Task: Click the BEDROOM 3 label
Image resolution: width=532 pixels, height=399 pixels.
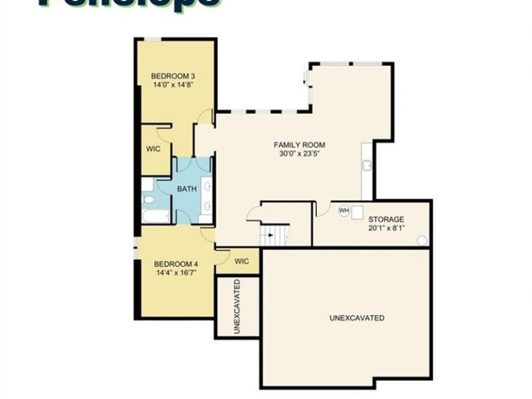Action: pyautogui.click(x=173, y=76)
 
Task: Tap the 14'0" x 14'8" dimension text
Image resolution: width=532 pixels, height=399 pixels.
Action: pyautogui.click(x=173, y=85)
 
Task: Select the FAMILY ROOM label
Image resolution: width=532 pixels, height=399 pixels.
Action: pyautogui.click(x=299, y=145)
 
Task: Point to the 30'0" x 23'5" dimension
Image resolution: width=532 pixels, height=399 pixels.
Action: pyautogui.click(x=299, y=154)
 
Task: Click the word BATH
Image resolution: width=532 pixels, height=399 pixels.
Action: pyautogui.click(x=187, y=189)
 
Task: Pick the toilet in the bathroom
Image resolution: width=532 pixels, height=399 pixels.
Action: pyautogui.click(x=148, y=201)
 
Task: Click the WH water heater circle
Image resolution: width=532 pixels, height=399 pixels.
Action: pyautogui.click(x=343, y=210)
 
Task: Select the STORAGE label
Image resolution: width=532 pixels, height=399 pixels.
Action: pyautogui.click(x=387, y=219)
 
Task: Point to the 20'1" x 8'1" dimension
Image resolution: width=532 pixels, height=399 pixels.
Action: pyautogui.click(x=387, y=228)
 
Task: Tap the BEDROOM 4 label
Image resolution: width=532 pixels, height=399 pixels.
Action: pyautogui.click(x=176, y=264)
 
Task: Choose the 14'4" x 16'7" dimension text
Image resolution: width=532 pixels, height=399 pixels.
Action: pyautogui.click(x=176, y=273)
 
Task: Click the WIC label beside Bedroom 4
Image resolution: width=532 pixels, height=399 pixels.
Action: pyautogui.click(x=242, y=261)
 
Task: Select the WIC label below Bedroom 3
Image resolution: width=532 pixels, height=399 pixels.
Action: pyautogui.click(x=154, y=149)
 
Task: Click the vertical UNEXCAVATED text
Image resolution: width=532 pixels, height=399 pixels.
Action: pyautogui.click(x=237, y=307)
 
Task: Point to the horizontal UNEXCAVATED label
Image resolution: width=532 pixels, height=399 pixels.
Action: pyautogui.click(x=356, y=318)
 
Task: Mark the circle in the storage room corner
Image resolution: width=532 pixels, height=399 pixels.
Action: pyautogui.click(x=421, y=240)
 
